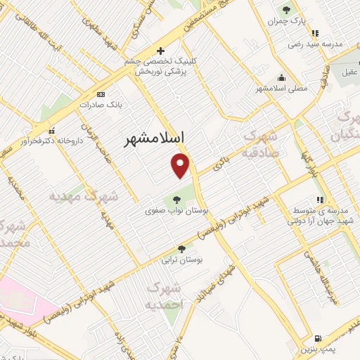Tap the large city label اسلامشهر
[x=153, y=139]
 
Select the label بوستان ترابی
[x=182, y=259]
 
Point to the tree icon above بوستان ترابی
[x=182, y=248]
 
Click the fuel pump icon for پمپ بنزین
[x=319, y=338]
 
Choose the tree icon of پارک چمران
[x=286, y=10]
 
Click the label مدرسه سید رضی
[x=315, y=44]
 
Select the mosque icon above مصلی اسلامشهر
[x=281, y=78]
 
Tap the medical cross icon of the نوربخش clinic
[x=161, y=51]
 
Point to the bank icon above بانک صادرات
[x=101, y=94]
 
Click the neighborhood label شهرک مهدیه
[x=83, y=196]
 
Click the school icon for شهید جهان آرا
[x=320, y=200]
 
